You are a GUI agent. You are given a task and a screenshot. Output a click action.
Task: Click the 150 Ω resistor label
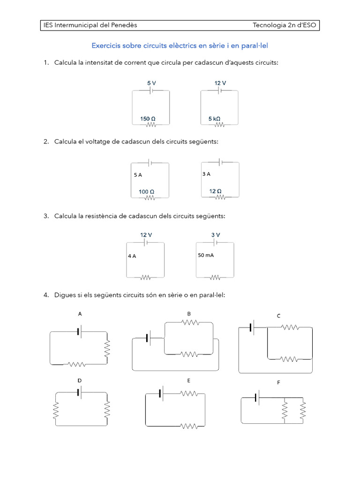tap(148, 119)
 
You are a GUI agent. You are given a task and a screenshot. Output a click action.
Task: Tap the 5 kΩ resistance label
tap(214, 119)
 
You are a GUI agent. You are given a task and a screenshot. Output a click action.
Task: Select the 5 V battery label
tap(151, 83)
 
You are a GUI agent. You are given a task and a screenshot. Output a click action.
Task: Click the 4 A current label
tap(132, 256)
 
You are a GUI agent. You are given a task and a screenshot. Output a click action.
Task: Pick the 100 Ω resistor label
tap(146, 192)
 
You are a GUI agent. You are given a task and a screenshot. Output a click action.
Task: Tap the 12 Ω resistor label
tap(216, 191)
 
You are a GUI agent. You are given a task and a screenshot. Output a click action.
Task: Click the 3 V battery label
tap(216, 235)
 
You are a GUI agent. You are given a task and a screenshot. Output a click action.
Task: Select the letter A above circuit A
tap(80, 315)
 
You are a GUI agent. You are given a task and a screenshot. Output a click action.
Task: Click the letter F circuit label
tap(278, 383)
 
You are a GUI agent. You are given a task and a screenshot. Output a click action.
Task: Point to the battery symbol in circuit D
tap(80, 392)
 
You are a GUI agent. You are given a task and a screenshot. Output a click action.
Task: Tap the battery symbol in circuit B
tap(148, 337)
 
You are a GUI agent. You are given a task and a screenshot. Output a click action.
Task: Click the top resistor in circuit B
tap(190, 322)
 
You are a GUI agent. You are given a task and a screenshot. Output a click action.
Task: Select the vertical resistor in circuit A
tap(107, 348)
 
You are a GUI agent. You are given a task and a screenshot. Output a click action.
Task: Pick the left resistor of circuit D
tap(56, 410)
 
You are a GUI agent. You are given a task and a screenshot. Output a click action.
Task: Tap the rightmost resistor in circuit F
tap(302, 411)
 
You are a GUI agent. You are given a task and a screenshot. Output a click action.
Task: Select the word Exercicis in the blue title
tap(106, 46)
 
